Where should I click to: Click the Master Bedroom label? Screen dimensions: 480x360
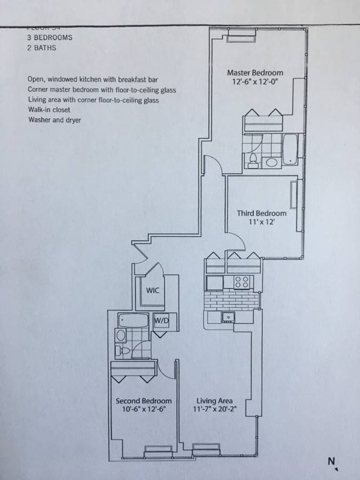255,72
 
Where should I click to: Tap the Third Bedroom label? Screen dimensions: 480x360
261,213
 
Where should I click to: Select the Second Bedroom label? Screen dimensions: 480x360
144,401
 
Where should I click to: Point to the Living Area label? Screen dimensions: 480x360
214,401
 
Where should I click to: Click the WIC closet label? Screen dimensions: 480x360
153,290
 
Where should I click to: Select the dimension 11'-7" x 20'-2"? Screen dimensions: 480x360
214,409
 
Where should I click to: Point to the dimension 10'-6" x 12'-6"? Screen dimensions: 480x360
144,409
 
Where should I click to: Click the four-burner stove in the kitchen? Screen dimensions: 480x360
242,282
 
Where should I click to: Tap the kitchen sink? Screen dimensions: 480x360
228,317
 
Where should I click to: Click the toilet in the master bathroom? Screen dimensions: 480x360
253,161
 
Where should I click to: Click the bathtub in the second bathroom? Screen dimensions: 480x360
133,321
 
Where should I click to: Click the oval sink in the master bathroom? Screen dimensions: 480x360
271,162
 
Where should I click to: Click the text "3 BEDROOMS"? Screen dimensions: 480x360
49,38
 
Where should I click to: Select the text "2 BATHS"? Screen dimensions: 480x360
42,48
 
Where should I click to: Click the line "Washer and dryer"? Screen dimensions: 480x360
54,120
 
